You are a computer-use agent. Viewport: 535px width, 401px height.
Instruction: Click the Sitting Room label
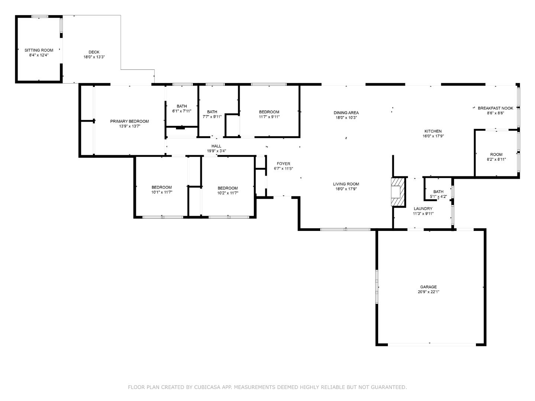39,50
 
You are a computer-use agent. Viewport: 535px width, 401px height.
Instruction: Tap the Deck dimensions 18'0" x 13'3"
94,57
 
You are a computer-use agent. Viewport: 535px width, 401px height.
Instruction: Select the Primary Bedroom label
129,121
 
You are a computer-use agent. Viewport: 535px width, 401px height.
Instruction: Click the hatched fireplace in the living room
397,192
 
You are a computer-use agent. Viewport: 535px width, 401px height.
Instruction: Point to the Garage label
428,287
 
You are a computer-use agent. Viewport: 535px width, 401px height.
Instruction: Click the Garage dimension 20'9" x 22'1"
428,292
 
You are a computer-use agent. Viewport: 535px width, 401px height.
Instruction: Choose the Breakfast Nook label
495,108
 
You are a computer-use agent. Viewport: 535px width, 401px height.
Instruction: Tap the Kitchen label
433,131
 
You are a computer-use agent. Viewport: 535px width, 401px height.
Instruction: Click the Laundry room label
423,209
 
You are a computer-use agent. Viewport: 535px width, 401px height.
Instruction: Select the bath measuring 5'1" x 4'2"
438,194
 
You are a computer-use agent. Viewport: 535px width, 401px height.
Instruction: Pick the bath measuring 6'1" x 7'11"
182,108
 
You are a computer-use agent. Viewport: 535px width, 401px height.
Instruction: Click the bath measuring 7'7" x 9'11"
212,114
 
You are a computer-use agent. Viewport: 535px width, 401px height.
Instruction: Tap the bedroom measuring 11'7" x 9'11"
269,114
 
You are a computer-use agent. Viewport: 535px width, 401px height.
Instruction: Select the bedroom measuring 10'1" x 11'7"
162,190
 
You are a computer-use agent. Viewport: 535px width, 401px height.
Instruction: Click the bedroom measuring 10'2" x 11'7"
227,190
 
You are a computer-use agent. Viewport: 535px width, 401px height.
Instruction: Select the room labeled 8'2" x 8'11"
496,157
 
